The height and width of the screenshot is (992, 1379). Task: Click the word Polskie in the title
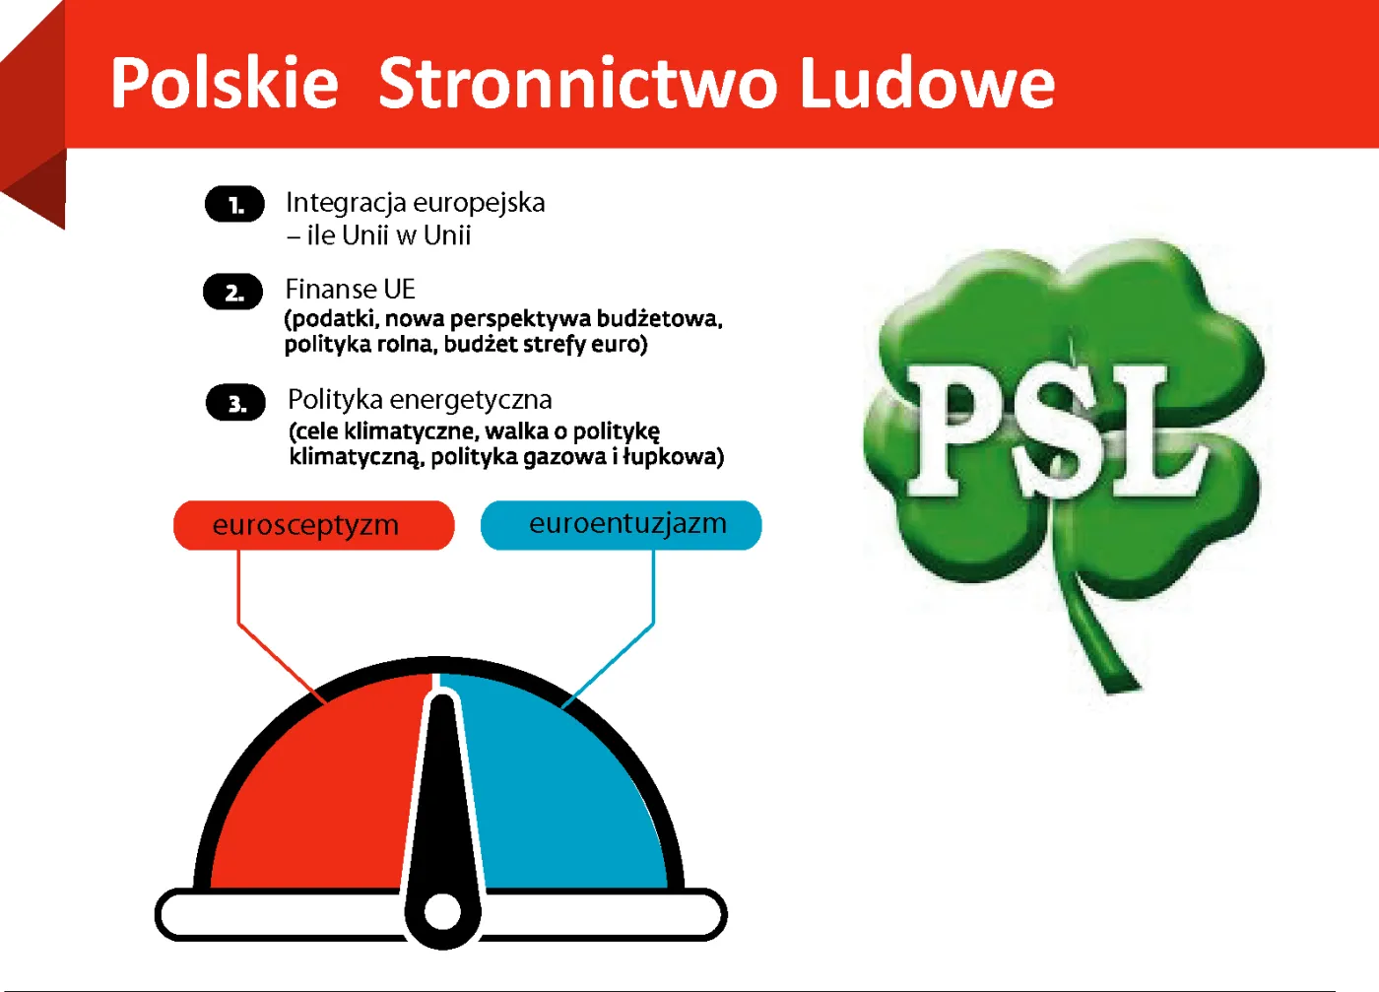225,83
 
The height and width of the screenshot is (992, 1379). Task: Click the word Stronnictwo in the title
579,83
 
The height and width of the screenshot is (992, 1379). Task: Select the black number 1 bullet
234,205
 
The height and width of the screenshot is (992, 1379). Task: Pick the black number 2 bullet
233,293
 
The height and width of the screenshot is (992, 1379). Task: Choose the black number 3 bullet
235,403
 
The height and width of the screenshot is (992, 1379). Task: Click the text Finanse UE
350,290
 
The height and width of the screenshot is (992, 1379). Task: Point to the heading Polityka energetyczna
420,400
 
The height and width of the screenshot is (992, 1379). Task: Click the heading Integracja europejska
415,203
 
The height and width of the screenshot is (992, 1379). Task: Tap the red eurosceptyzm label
313,525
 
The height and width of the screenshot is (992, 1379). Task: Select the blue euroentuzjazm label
622,524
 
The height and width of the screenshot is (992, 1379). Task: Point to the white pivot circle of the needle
442,912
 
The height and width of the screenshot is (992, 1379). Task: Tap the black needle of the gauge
442,788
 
